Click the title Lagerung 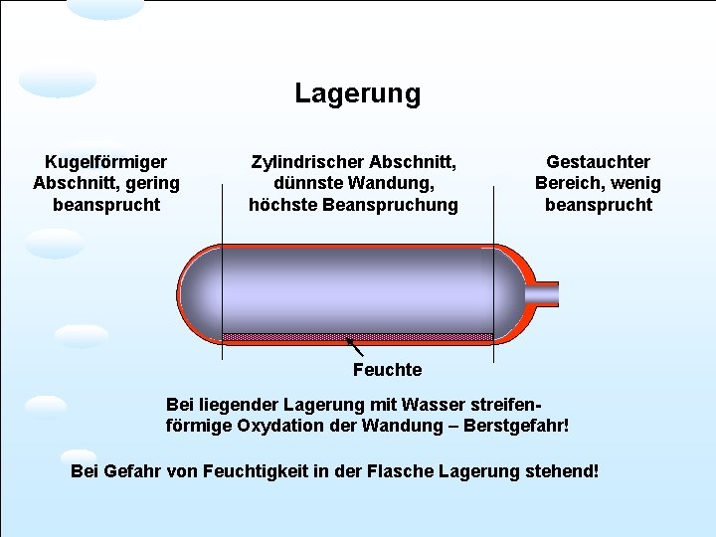click(x=357, y=94)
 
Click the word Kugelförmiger click(x=106, y=161)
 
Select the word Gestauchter click(x=598, y=161)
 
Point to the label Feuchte click(x=387, y=370)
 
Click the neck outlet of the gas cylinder click(x=546, y=293)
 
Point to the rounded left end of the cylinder click(x=194, y=293)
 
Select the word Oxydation click(x=281, y=427)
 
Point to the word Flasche click(x=408, y=469)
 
